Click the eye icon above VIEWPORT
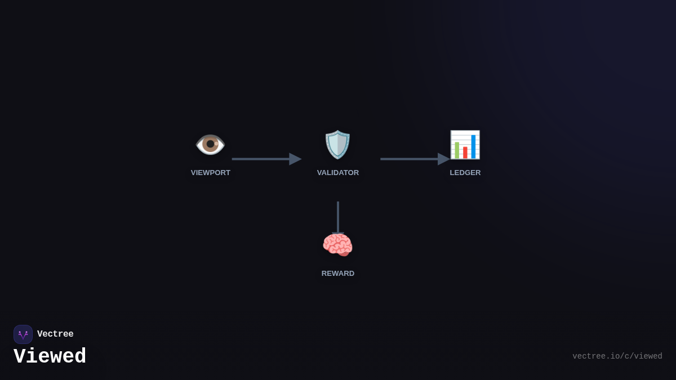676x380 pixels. click(x=210, y=145)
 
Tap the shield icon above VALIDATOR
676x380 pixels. click(x=337, y=145)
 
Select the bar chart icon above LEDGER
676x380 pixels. click(x=465, y=145)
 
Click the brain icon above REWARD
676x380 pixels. click(x=337, y=245)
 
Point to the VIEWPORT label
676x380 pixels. click(x=211, y=173)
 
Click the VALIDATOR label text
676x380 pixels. click(x=338, y=173)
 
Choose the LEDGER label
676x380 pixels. click(x=465, y=173)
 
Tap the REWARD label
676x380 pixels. click(x=338, y=274)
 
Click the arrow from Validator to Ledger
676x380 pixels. click(x=415, y=159)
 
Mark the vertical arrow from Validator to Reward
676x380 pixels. click(x=338, y=217)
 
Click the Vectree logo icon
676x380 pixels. click(x=23, y=334)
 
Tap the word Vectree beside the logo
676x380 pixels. click(x=55, y=334)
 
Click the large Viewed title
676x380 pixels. click(x=50, y=357)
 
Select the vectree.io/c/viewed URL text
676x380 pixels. click(x=617, y=356)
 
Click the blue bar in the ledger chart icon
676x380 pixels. click(x=473, y=146)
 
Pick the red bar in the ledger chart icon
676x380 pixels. click(x=465, y=153)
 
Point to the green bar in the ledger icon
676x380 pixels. click(x=457, y=150)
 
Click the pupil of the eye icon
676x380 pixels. click(x=210, y=144)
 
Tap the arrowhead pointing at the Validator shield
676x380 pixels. click(x=295, y=159)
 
